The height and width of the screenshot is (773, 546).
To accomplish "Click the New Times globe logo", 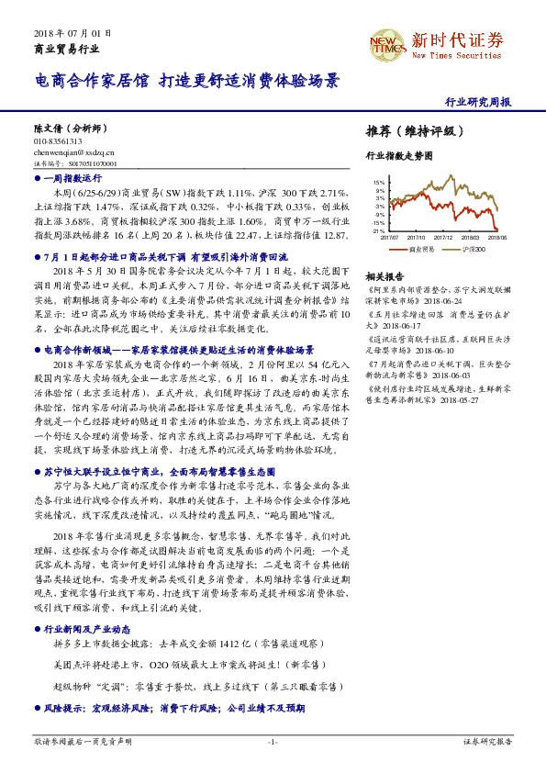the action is (386, 42).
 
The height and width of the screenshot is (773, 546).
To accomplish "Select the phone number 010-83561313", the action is (57, 142).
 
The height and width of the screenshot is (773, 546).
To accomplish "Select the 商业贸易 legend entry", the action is (422, 249).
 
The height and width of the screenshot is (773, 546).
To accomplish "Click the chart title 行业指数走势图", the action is (398, 157).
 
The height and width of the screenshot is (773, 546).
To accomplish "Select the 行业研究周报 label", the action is (477, 103).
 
